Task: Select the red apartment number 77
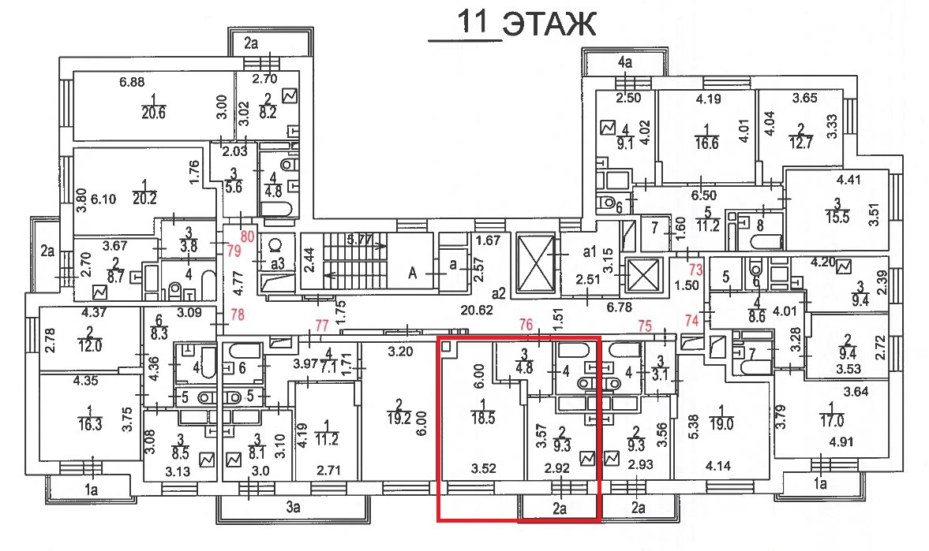click(x=322, y=325)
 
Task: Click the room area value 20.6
click(x=154, y=113)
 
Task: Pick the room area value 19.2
click(x=402, y=419)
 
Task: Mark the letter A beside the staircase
click(x=411, y=274)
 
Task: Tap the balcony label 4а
click(x=625, y=61)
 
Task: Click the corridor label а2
click(x=498, y=293)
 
